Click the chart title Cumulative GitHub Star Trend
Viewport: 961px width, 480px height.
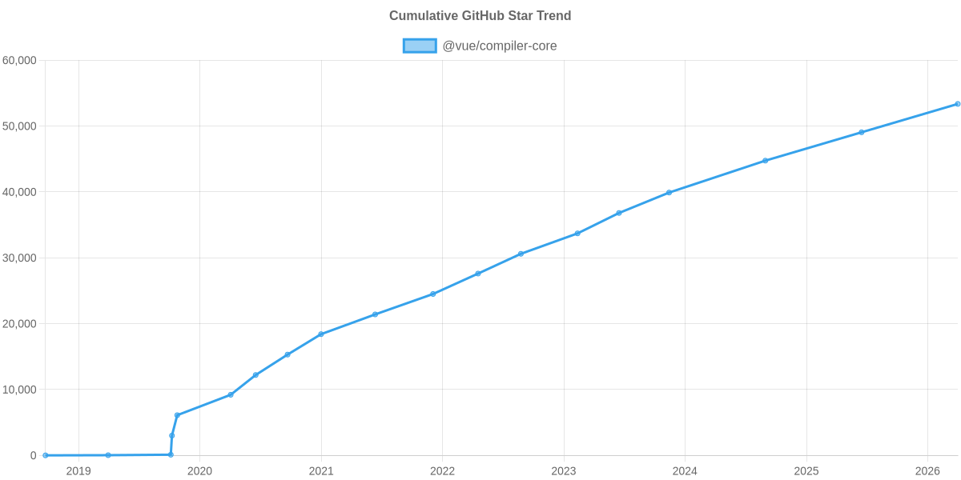tap(480, 16)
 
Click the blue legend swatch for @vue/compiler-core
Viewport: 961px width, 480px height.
tap(419, 46)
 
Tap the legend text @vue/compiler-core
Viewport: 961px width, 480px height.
tap(499, 46)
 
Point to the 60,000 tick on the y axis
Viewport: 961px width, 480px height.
tap(20, 61)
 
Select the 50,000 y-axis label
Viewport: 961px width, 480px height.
tap(20, 126)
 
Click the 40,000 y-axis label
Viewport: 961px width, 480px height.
tap(20, 192)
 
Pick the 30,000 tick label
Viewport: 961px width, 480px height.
tap(20, 258)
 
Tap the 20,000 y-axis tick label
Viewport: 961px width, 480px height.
tap(20, 324)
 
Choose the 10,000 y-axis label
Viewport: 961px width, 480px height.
tap(20, 390)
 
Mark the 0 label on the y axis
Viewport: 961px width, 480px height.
tap(34, 455)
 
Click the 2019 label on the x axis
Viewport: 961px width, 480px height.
tap(78, 471)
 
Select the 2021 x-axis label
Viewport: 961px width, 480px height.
tap(321, 471)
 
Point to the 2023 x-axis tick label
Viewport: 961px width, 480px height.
tap(564, 471)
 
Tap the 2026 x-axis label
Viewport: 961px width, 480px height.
tap(927, 471)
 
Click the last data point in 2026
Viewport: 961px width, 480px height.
tap(957, 104)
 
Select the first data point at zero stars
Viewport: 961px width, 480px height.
tap(46, 455)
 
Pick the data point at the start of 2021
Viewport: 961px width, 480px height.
tap(321, 334)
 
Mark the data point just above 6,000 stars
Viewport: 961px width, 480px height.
tap(177, 415)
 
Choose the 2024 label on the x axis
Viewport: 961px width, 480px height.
tap(685, 471)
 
